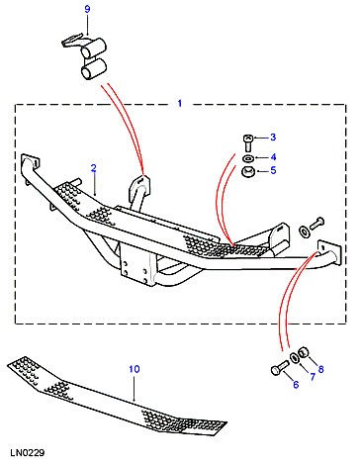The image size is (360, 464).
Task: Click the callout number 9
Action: pyautogui.click(x=87, y=9)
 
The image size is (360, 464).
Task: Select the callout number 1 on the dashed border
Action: pyautogui.click(x=180, y=104)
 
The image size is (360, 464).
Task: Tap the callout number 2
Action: pyautogui.click(x=94, y=168)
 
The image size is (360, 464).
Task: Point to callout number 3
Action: pyautogui.click(x=273, y=137)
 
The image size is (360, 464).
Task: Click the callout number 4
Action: pyautogui.click(x=273, y=157)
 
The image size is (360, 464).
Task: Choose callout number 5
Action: pyautogui.click(x=273, y=171)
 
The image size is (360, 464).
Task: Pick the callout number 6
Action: pyautogui.click(x=296, y=385)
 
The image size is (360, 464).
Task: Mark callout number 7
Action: pyautogui.click(x=313, y=377)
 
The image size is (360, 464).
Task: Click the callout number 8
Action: pyautogui.click(x=320, y=369)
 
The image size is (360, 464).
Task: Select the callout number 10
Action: pyautogui.click(x=135, y=369)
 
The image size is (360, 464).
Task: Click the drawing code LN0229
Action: pyautogui.click(x=27, y=453)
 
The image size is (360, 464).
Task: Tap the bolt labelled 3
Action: pyautogui.click(x=248, y=142)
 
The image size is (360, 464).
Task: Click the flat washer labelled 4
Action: pyautogui.click(x=248, y=158)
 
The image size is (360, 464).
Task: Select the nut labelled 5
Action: pyautogui.click(x=248, y=171)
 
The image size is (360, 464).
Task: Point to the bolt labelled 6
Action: pyautogui.click(x=280, y=367)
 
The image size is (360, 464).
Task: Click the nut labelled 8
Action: pyautogui.click(x=304, y=352)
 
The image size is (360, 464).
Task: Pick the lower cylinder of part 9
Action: pyautogui.click(x=93, y=69)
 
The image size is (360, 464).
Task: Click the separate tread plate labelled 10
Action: pyautogui.click(x=117, y=396)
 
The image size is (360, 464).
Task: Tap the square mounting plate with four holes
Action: pyautogui.click(x=136, y=265)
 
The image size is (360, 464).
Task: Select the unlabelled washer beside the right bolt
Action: pyautogui.click(x=304, y=232)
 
